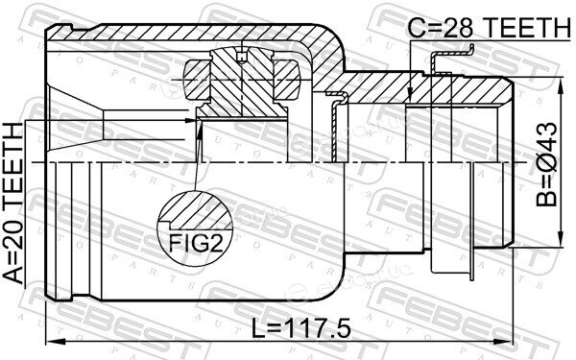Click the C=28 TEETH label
tap(490, 28)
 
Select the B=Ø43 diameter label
tap(546, 164)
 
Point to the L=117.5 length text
tap(301, 328)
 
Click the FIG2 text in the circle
tap(196, 243)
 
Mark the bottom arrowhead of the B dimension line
tap(561, 238)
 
